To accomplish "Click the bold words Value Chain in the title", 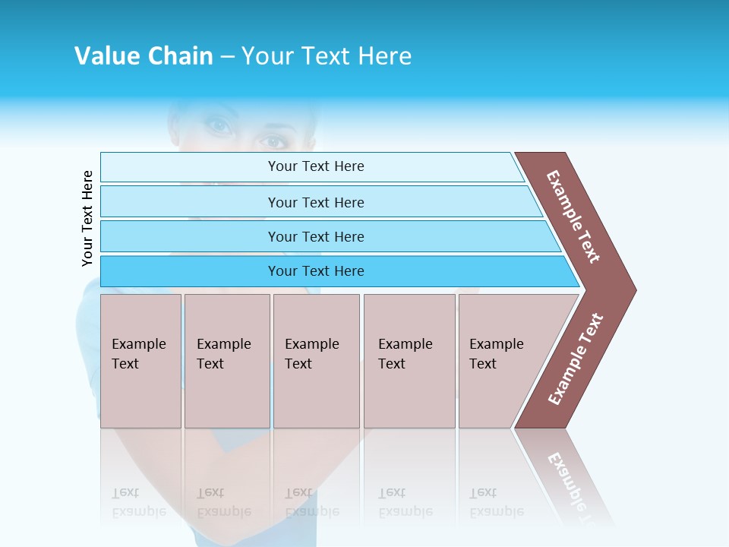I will coord(144,56).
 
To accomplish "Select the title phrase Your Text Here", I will coord(327,56).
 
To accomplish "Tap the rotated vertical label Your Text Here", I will coord(87,218).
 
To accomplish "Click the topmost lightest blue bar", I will coord(315,166).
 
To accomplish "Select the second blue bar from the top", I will coord(315,202).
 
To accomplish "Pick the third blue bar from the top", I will coord(315,236).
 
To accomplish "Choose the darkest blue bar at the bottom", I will coord(315,271).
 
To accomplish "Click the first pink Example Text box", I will coord(140,361).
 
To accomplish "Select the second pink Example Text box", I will coord(226,361).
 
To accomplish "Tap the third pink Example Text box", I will coord(316,361).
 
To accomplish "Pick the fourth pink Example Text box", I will coord(409,361).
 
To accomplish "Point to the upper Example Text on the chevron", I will coord(573,217).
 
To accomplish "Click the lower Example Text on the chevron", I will coord(576,359).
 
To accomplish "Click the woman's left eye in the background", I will coord(273,141).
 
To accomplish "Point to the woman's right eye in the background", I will coord(219,126).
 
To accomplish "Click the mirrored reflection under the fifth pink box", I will coord(497,501).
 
